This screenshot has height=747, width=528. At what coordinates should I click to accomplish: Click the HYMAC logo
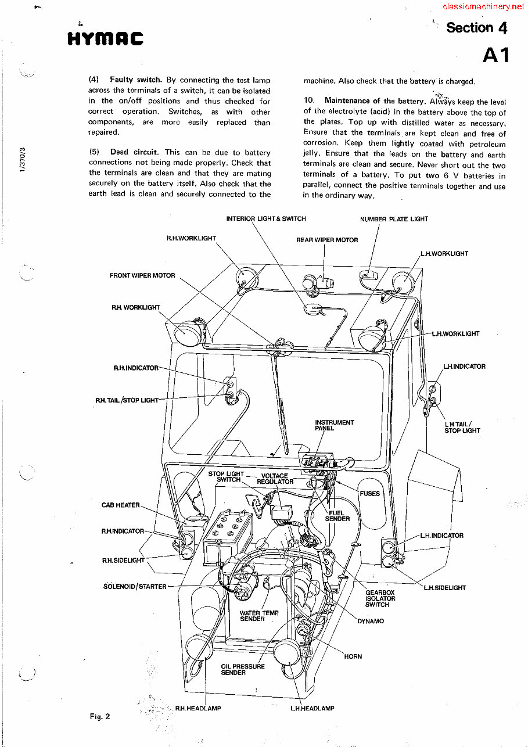[105, 38]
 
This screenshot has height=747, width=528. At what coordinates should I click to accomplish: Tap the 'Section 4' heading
[476, 27]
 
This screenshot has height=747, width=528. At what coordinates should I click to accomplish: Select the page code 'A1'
[495, 55]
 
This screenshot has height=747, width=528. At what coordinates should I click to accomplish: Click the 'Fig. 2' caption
[99, 716]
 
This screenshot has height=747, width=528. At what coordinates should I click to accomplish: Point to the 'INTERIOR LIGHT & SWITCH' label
[265, 219]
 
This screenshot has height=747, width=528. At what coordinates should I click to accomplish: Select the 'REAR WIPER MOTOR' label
[326, 240]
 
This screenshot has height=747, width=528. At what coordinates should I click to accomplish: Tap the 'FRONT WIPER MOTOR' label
[142, 275]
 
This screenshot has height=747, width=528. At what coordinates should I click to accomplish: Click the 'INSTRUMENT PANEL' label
[333, 425]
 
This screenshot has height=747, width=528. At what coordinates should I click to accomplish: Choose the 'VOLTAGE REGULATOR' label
[275, 479]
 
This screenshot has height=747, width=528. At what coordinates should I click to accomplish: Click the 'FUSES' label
[369, 494]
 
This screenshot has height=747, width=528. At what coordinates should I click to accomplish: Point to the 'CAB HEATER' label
[120, 505]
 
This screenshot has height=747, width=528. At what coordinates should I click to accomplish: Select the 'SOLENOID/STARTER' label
[134, 587]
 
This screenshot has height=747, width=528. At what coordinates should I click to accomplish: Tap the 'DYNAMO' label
[370, 621]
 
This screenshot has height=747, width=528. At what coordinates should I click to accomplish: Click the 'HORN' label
[353, 656]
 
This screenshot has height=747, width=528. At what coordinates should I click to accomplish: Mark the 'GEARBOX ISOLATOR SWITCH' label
[380, 598]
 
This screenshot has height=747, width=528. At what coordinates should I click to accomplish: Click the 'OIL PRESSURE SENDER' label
[242, 669]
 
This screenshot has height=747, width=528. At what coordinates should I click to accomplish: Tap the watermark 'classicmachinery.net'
[483, 6]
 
